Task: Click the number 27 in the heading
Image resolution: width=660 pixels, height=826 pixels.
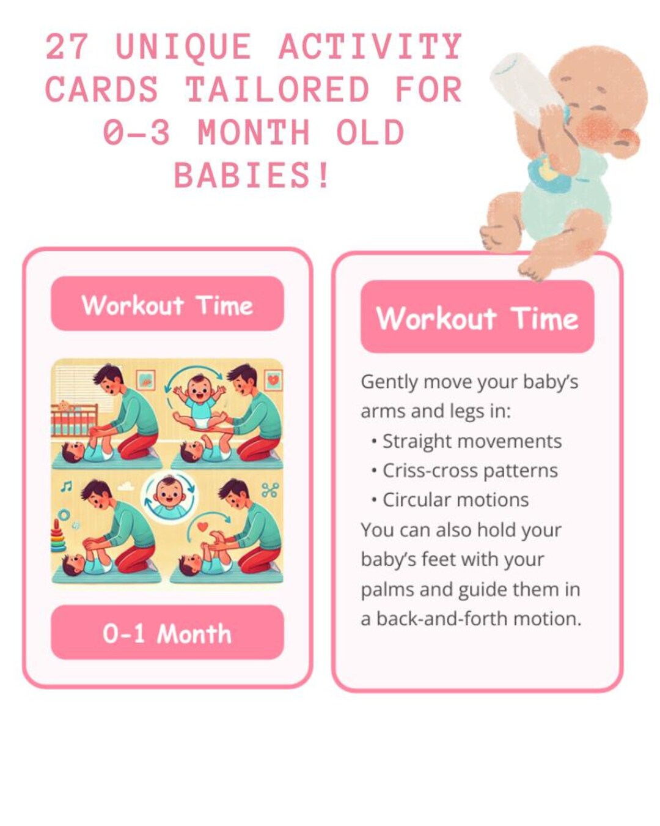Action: [67, 47]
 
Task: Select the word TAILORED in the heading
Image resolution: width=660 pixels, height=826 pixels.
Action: [277, 90]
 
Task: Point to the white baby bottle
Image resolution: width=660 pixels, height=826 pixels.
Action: [525, 86]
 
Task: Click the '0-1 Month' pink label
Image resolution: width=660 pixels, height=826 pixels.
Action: [167, 633]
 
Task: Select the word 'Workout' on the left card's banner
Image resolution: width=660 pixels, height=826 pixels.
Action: [133, 305]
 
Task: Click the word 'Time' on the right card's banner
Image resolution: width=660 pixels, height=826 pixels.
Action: [544, 319]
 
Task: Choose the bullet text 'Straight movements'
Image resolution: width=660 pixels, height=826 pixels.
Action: [472, 441]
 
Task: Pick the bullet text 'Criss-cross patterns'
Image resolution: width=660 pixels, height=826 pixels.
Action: [470, 471]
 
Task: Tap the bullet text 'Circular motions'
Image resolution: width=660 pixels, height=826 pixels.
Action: [455, 500]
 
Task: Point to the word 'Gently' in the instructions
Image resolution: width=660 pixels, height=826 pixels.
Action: [389, 382]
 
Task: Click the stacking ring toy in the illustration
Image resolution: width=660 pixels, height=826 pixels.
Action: [58, 537]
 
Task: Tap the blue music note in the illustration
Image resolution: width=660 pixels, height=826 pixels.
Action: [66, 486]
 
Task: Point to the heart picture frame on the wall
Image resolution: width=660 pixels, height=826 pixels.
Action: [273, 380]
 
